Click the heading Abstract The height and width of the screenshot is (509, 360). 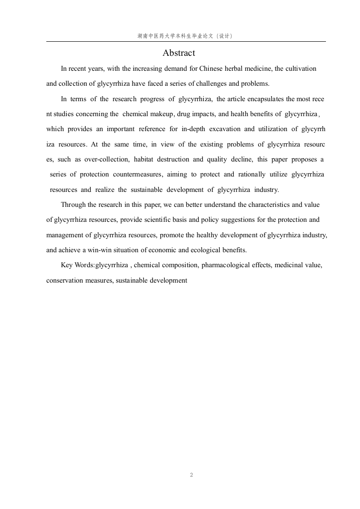pos(179,53)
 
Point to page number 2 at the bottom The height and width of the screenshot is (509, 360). pos(191,475)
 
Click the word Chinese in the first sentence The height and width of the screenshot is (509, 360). pos(211,69)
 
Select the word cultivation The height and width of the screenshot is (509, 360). pos(301,69)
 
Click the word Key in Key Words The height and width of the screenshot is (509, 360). pos(67,265)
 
